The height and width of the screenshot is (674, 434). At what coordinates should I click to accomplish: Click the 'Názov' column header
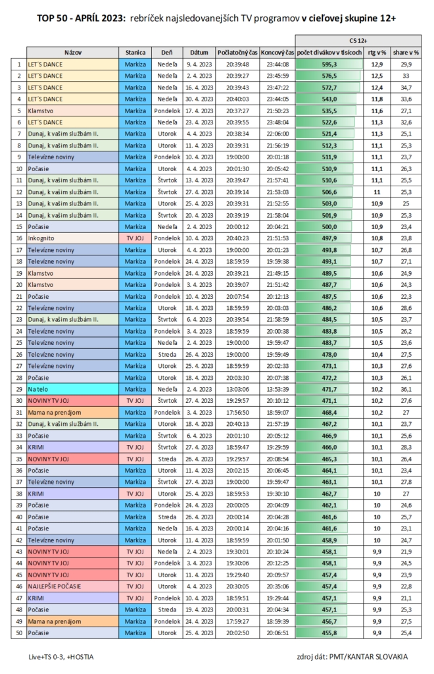tap(72, 51)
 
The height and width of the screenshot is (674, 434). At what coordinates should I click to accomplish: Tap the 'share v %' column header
tap(406, 51)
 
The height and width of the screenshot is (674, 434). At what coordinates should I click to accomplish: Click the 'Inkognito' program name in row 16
tap(41, 238)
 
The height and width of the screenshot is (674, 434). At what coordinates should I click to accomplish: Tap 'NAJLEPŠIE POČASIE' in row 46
tap(55, 586)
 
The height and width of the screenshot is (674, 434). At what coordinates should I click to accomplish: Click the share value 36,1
tap(406, 390)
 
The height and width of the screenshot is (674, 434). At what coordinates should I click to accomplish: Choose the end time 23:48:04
tap(276, 122)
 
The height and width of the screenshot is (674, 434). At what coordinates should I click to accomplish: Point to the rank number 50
tap(18, 633)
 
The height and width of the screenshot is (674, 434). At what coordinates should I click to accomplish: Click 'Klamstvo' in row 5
tap(41, 110)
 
